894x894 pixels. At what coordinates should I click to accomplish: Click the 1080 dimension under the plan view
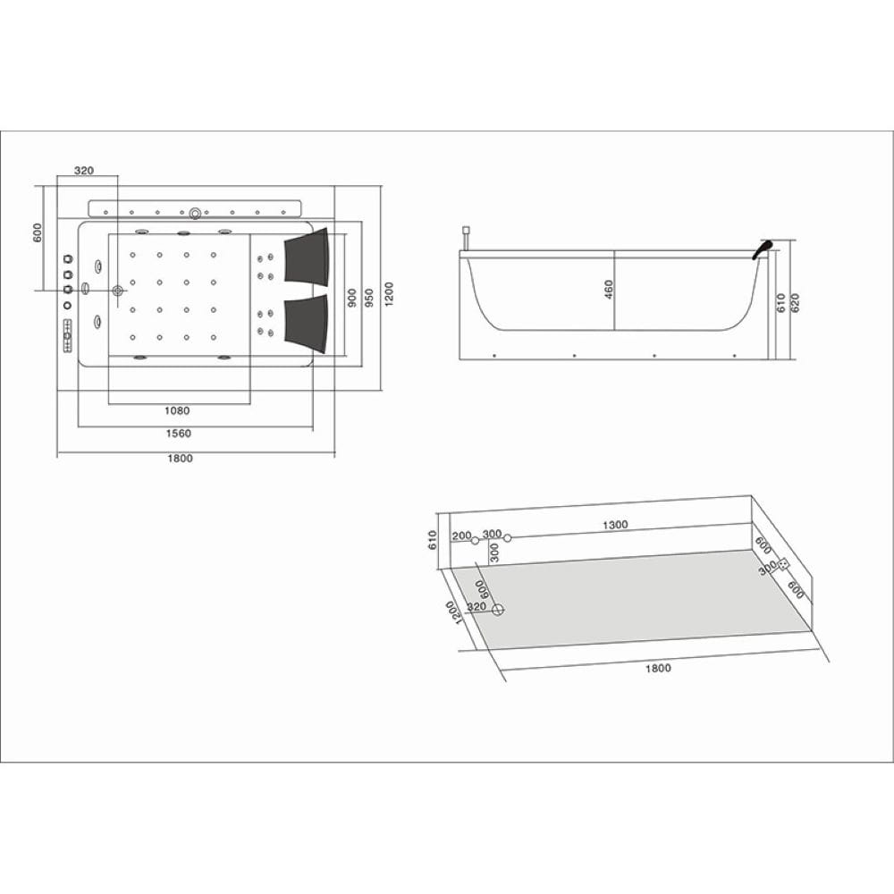point(177,410)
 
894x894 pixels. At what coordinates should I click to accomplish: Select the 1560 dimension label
point(179,434)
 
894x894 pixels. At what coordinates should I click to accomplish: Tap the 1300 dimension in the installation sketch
point(615,525)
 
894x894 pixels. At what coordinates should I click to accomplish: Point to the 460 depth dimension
point(608,290)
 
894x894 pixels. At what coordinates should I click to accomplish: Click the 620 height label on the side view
point(795,302)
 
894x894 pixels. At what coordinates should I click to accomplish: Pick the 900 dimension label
point(352,298)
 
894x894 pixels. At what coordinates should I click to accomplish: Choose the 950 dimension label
point(369,298)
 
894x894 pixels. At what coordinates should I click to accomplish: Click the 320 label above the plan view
point(84,171)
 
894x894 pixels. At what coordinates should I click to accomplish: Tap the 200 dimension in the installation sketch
point(461,536)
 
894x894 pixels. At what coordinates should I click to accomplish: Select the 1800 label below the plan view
point(181,459)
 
